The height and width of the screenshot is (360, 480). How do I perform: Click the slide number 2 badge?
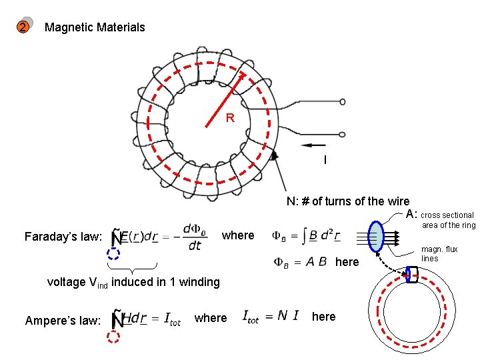23,27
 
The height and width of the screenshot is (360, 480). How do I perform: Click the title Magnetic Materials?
94,27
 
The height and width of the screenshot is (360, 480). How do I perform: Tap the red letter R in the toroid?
230,118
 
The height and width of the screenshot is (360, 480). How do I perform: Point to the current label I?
325,160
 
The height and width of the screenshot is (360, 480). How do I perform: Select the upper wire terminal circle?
343,102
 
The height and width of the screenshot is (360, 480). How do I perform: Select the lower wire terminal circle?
343,135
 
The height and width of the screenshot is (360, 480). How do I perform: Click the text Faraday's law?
62,236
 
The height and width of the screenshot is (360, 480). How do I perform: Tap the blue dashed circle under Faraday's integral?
113,253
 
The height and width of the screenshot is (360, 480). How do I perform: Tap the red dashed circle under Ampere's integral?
113,337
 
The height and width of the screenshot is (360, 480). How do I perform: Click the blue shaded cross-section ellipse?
377,236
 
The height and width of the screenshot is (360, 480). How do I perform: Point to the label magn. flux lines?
439,253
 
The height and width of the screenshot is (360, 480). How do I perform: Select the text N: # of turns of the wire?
348,201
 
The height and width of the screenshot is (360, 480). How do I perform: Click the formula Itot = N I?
270,316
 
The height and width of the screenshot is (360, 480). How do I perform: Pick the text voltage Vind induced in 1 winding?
133,282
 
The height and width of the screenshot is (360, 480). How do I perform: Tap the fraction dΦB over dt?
194,236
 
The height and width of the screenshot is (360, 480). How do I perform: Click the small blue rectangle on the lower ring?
412,274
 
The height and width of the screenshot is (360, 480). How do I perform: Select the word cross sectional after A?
447,215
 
